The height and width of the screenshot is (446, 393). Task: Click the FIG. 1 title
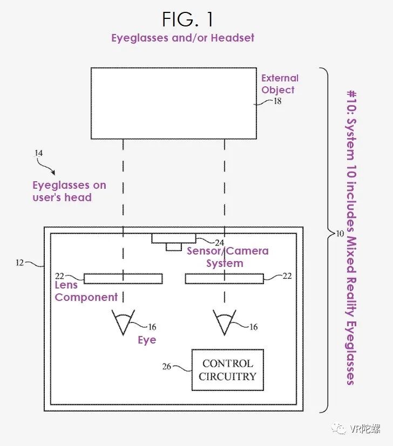pyautogui.click(x=188, y=19)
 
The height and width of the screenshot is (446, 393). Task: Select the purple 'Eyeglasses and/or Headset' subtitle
pyautogui.click(x=182, y=38)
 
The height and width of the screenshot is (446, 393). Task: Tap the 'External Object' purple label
pyautogui.click(x=280, y=84)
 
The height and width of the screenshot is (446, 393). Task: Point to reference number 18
pyautogui.click(x=277, y=100)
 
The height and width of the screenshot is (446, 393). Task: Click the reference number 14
pyautogui.click(x=38, y=153)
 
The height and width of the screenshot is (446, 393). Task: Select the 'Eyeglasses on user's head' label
pyautogui.click(x=69, y=191)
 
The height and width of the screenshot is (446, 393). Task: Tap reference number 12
pyautogui.click(x=20, y=263)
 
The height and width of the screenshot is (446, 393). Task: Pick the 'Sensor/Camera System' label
pyautogui.click(x=227, y=257)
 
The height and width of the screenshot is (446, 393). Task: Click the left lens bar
pyautogui.click(x=123, y=278)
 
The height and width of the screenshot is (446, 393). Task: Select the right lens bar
pyautogui.click(x=225, y=278)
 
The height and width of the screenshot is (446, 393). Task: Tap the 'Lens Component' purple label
pyautogui.click(x=86, y=291)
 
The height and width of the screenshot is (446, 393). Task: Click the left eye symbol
pyautogui.click(x=123, y=321)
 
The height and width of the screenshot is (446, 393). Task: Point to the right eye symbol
pyautogui.click(x=225, y=321)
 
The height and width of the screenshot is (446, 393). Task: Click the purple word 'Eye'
pyautogui.click(x=146, y=340)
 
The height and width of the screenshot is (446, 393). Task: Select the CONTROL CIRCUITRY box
pyautogui.click(x=227, y=370)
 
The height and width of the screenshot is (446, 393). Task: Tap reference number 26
pyautogui.click(x=167, y=367)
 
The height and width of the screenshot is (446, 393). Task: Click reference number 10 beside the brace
pyautogui.click(x=339, y=234)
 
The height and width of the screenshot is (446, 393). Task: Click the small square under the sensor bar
pyautogui.click(x=173, y=246)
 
